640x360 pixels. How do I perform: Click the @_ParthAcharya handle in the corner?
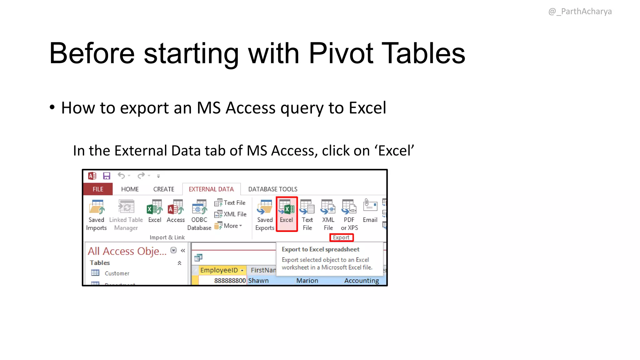tap(580, 12)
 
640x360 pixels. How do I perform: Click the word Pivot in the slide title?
tap(341, 53)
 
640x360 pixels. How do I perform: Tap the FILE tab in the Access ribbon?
tap(98, 189)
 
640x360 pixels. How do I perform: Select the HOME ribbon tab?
tap(130, 189)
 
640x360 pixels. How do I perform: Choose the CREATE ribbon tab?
tap(163, 189)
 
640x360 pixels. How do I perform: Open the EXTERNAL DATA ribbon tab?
tap(211, 189)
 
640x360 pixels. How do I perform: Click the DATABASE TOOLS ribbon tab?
tap(272, 189)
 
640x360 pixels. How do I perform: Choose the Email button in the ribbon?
tap(370, 211)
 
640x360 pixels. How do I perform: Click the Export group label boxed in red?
tap(341, 237)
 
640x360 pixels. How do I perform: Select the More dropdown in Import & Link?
tap(232, 226)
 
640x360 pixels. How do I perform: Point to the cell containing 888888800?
tap(230, 281)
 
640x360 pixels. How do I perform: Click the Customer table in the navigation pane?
tap(117, 273)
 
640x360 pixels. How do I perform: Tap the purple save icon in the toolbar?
tap(107, 176)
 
